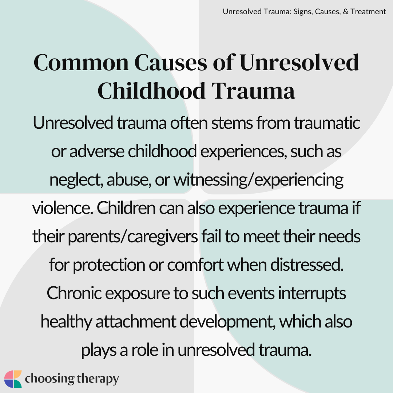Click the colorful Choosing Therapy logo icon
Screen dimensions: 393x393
pos(13,379)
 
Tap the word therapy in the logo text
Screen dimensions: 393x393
pos(98,379)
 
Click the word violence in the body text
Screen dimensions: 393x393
pos(59,208)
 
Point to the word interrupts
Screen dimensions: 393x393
pos(307,293)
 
